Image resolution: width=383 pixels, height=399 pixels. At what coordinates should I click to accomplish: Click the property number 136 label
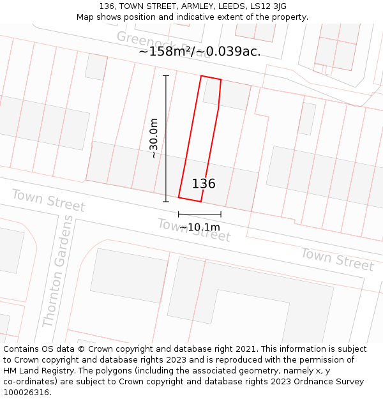tap(204, 184)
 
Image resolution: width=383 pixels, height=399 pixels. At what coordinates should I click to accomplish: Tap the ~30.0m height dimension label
tap(153, 139)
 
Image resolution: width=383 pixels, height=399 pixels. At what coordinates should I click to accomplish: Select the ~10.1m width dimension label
tap(199, 227)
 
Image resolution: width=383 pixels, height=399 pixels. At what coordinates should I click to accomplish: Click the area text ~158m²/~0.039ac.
tap(200, 52)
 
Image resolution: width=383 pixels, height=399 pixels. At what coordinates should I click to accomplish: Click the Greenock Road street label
tap(163, 44)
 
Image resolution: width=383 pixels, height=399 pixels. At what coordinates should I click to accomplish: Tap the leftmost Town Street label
tap(48, 200)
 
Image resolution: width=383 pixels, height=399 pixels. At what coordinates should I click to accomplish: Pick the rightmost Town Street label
tap(337, 259)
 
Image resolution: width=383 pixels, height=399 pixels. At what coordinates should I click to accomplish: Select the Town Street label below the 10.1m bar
tap(193, 230)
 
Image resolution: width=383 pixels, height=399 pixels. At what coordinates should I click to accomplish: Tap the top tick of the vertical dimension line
tap(166, 76)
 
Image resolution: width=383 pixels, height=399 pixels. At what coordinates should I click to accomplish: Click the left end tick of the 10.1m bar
tap(179, 215)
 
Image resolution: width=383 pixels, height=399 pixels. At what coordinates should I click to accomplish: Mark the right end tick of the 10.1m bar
tap(221, 215)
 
